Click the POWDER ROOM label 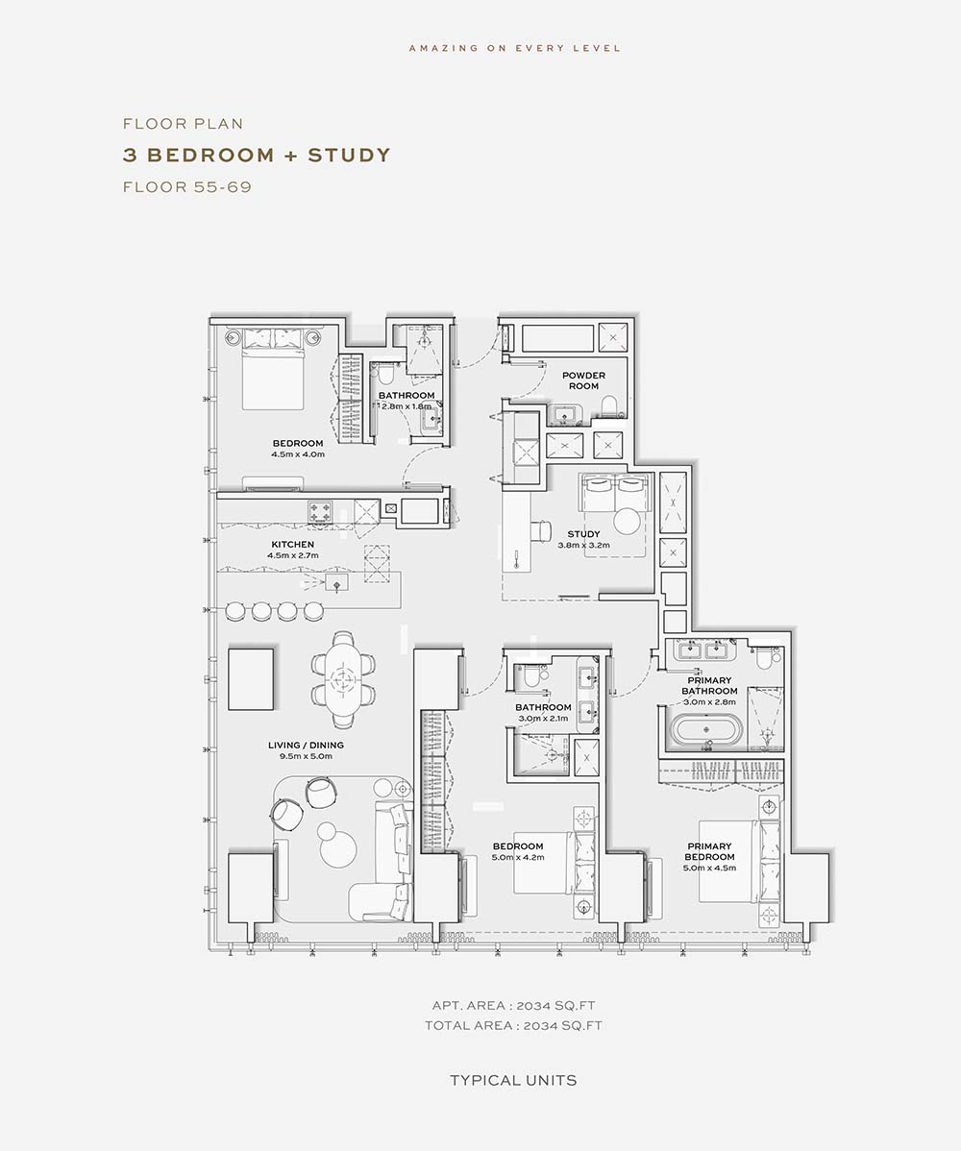tap(583, 380)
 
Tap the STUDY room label tap(583, 533)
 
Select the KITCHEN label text tap(293, 544)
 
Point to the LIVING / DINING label tap(306, 745)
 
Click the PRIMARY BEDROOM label tap(709, 851)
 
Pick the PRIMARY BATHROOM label tap(709, 686)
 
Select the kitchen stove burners tap(320, 511)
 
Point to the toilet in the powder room tap(609, 405)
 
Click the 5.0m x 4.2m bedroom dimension tap(518, 857)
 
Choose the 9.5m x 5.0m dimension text tap(306, 756)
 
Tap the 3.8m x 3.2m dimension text tap(583, 546)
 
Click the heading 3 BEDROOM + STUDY tap(257, 155)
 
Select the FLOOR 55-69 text tap(187, 187)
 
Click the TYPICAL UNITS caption tap(513, 1081)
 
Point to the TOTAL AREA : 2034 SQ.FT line tap(513, 1025)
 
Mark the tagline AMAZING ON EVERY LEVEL tap(515, 48)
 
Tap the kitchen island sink tap(337, 583)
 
